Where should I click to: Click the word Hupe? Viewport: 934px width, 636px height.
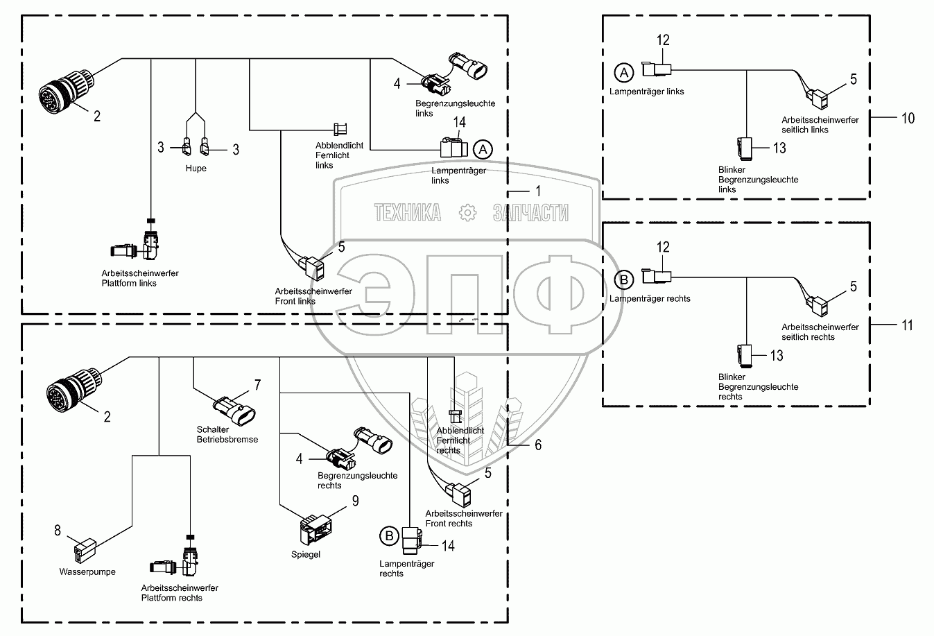click(x=196, y=169)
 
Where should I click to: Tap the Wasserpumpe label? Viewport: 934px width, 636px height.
click(x=87, y=572)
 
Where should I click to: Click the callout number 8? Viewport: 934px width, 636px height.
click(x=58, y=532)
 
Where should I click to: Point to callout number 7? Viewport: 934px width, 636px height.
click(x=257, y=385)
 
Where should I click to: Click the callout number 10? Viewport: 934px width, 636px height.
click(x=908, y=118)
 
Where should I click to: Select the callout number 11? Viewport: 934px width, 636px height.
click(x=907, y=325)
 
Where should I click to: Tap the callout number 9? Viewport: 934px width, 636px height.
click(x=355, y=500)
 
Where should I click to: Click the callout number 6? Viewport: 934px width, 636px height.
click(x=537, y=445)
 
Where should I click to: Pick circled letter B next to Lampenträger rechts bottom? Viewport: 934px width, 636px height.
click(x=389, y=535)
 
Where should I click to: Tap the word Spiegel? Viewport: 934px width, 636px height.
click(x=306, y=555)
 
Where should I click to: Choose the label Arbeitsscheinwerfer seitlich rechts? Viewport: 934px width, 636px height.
click(x=820, y=332)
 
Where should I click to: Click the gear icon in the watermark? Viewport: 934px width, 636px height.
click(x=468, y=212)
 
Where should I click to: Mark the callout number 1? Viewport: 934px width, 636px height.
click(x=538, y=190)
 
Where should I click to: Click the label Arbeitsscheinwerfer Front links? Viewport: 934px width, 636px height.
click(x=313, y=296)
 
